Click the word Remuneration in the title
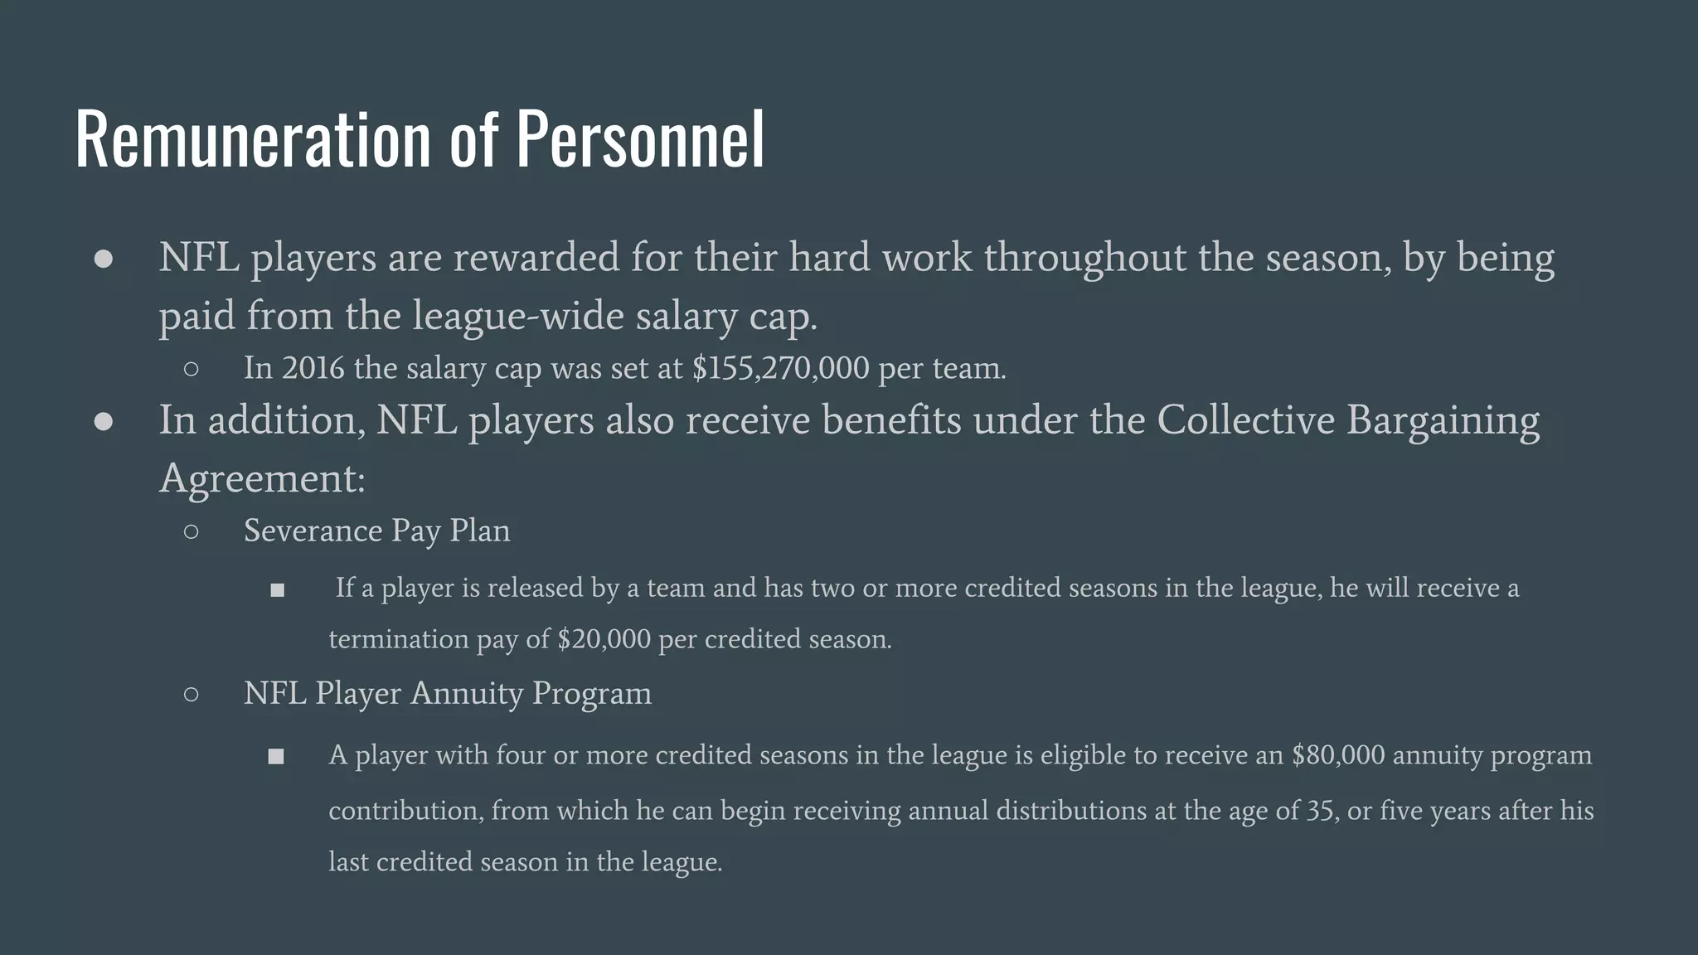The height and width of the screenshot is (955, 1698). coord(253,139)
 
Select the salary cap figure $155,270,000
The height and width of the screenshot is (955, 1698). coord(780,368)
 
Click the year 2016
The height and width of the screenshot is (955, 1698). coord(313,368)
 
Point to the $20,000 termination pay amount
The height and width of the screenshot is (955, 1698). coord(604,639)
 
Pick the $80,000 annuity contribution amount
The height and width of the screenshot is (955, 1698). coord(1337,755)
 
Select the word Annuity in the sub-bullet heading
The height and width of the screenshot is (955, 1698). coord(467,693)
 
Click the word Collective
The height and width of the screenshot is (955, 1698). coord(1245,420)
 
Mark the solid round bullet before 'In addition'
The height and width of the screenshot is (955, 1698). coord(104,421)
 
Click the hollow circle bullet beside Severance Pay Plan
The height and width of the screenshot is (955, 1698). coord(192,531)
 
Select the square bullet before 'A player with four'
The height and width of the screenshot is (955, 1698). coord(276,756)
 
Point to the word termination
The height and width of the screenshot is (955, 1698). coord(398,639)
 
